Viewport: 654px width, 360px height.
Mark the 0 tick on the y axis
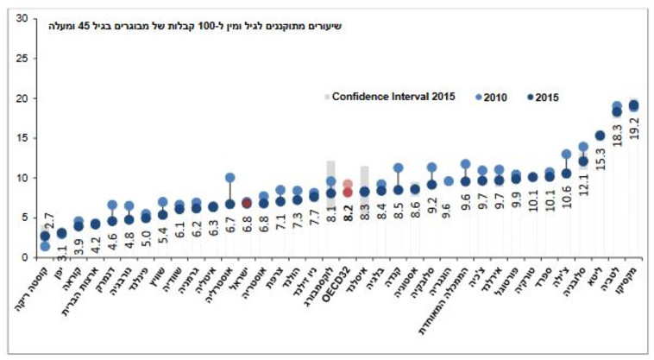coord(24,257)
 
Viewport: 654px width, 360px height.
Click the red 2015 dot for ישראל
coord(247,204)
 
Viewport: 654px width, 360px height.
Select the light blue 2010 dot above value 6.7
coord(230,178)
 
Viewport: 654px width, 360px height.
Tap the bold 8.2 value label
coord(348,212)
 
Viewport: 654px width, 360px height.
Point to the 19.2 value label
coord(634,126)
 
